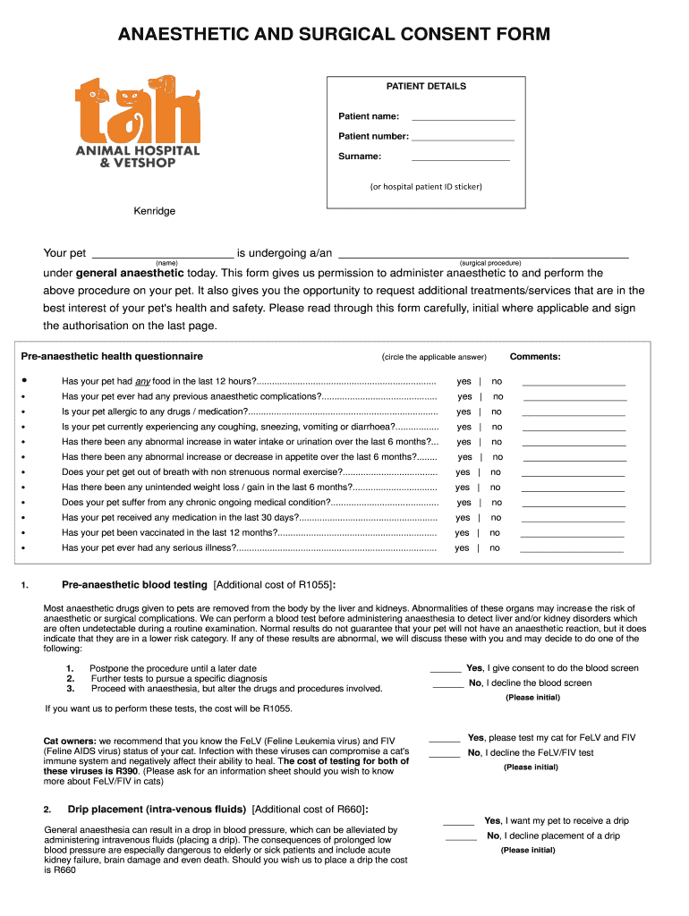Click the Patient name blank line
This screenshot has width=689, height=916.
463,119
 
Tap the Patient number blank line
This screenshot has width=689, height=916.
463,140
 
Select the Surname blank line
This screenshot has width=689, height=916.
460,159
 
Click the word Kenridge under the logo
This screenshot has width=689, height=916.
155,211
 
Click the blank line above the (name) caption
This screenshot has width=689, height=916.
163,256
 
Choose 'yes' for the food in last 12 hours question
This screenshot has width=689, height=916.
464,381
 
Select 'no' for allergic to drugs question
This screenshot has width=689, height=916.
497,411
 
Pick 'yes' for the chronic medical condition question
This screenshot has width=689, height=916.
464,503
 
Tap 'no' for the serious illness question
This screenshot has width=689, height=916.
494,548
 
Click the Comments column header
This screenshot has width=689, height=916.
535,357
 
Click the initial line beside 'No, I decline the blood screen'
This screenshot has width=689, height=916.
447,686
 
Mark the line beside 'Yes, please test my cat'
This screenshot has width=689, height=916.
444,741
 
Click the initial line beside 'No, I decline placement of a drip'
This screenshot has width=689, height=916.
461,839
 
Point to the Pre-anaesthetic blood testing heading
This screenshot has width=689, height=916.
134,585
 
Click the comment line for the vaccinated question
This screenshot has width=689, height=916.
572,535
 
